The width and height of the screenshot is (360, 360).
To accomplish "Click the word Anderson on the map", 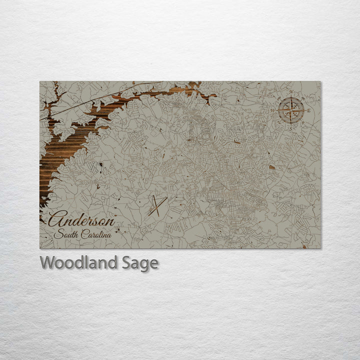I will tap(82, 219).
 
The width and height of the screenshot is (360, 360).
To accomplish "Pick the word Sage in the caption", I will tap(140, 263).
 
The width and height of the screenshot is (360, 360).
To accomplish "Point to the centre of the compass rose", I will tap(289, 110).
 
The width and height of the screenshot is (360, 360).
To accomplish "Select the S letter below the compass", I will tap(289, 126).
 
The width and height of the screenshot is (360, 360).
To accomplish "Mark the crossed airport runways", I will tap(156, 205).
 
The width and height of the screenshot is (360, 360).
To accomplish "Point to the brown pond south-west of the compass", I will tap(271, 168).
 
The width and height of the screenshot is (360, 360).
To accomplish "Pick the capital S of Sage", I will tap(127, 263).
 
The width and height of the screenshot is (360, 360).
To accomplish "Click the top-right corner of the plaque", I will tap(321, 81).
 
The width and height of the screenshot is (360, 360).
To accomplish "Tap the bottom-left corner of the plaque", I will tap(40, 248).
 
